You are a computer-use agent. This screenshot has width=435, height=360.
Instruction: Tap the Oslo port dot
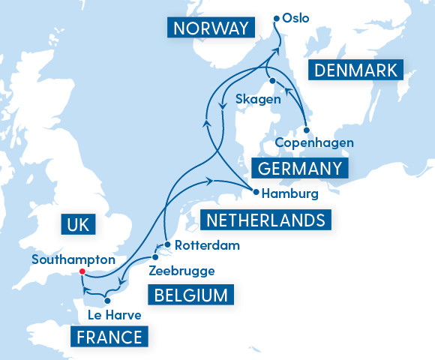pyautogui.click(x=277, y=18)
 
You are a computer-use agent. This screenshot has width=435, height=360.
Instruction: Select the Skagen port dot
pyautogui.click(x=273, y=81)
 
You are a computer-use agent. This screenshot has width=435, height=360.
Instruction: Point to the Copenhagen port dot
pyautogui.click(x=306, y=130)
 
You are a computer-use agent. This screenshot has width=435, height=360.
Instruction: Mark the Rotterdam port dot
pyautogui.click(x=168, y=244)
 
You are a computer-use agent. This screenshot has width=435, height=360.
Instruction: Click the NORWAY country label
pyautogui.click(x=210, y=29)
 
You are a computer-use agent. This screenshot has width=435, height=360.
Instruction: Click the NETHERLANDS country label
pyautogui.click(x=266, y=220)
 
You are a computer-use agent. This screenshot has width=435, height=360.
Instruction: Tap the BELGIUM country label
pyautogui.click(x=190, y=295)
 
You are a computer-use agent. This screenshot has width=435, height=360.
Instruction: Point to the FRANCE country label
pyautogui.click(x=109, y=337)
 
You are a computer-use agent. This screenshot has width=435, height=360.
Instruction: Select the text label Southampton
pyautogui.click(x=73, y=259)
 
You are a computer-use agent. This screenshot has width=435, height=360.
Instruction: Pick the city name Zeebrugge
pyautogui.click(x=182, y=271)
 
